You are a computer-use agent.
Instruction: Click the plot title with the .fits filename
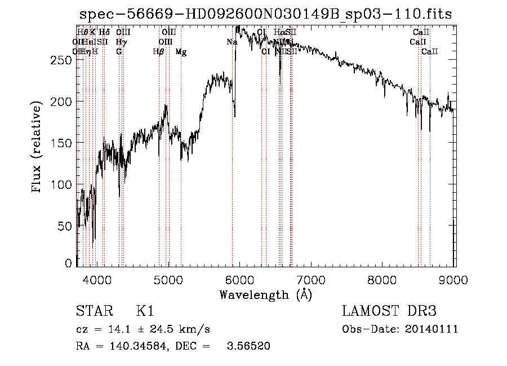click(265, 14)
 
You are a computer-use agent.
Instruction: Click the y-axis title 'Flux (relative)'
click(37, 148)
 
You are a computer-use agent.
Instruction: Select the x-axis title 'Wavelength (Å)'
click(265, 294)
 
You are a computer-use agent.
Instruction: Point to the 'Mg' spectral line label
click(181, 52)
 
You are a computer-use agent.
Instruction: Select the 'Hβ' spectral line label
click(159, 52)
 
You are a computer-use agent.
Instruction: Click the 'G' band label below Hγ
click(119, 52)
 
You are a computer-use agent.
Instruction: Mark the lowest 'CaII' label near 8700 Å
click(430, 52)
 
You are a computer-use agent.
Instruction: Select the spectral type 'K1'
click(145, 312)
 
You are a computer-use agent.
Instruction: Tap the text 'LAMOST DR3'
click(389, 312)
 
